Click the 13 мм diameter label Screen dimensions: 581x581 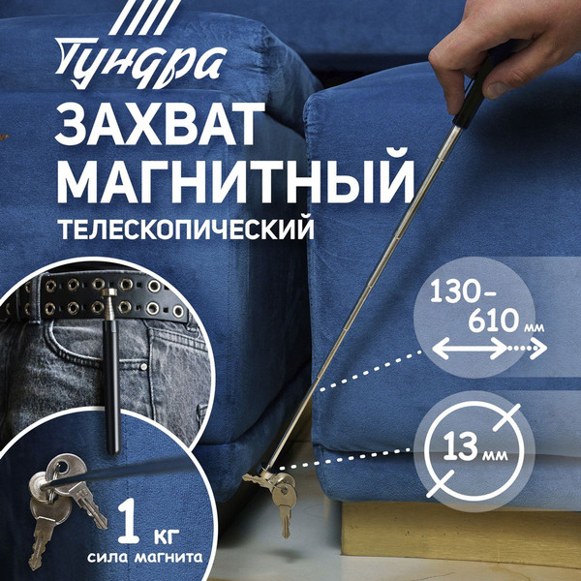(x=473, y=447)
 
